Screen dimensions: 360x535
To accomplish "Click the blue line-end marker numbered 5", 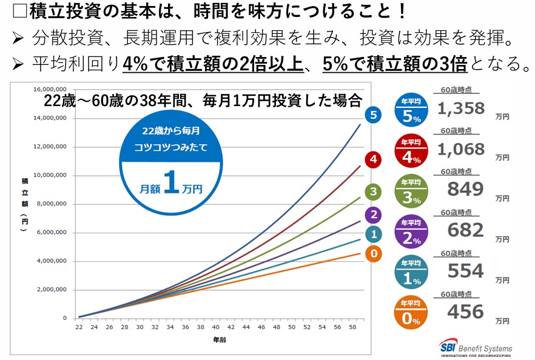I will pyautogui.click(x=374, y=115).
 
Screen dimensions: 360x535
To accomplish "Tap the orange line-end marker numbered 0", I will pyautogui.click(x=374, y=254).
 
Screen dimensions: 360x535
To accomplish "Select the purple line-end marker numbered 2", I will pyautogui.click(x=374, y=214).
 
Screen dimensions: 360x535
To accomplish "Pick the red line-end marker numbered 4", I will pyautogui.click(x=374, y=159).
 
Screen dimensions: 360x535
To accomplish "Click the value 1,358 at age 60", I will pyautogui.click(x=461, y=108).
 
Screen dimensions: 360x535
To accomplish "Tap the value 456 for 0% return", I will pyautogui.click(x=465, y=312).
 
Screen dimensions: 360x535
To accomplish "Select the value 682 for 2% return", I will pyautogui.click(x=465, y=230).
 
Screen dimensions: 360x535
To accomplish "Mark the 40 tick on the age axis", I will pyautogui.click(x=215, y=328).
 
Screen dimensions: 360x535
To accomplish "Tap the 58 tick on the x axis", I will pyautogui.click(x=352, y=328).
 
